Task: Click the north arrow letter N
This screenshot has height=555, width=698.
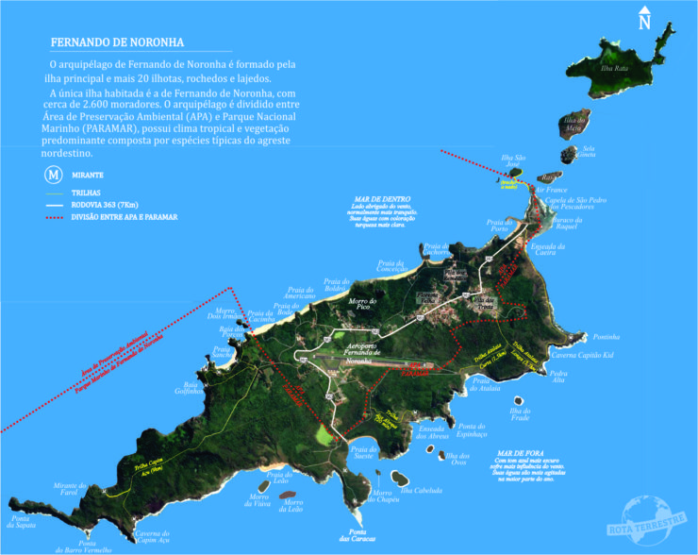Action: [644, 22]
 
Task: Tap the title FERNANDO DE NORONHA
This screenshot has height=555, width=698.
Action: [117, 42]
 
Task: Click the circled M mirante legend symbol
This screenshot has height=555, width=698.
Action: [56, 175]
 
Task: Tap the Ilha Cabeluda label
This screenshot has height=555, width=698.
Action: [422, 490]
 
